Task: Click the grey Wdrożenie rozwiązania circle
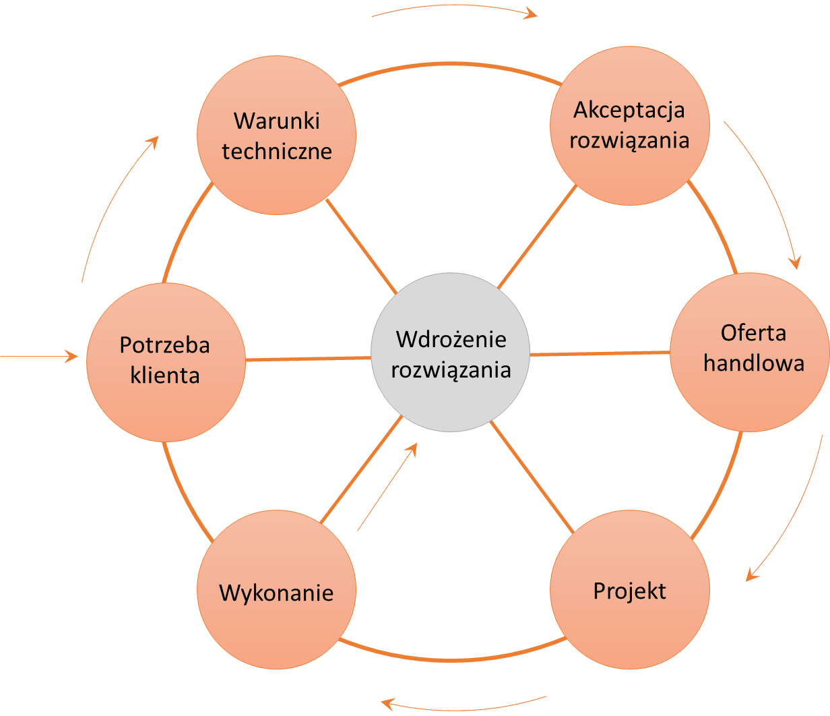pos(450,352)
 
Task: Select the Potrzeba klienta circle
pos(166,362)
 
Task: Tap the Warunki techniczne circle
pos(276,135)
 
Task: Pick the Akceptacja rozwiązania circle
pos(629,125)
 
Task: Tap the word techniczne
pos(277,150)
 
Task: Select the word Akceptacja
pos(629,109)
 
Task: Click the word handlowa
pos(754,363)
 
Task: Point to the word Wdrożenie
pos(451,338)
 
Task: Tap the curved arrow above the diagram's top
pos(455,8)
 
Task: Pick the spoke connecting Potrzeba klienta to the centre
pos(308,359)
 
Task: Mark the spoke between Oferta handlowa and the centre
pos(600,353)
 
